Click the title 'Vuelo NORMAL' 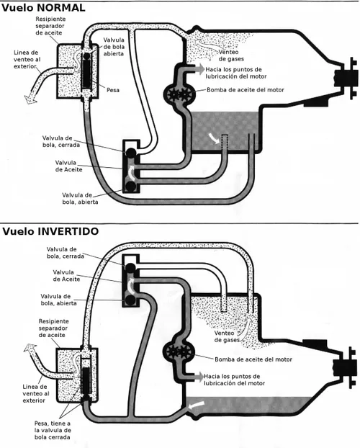[43, 8]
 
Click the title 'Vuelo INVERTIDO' [50, 231]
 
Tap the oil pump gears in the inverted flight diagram [179, 351]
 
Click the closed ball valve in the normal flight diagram [130, 153]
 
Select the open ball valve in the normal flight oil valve [130, 187]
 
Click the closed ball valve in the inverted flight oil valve [130, 268]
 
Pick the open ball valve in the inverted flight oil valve [130, 300]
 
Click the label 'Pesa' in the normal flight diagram [113, 90]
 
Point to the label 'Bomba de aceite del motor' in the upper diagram [246, 90]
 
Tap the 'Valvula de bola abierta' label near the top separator [114, 47]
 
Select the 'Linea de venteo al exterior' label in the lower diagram [36, 393]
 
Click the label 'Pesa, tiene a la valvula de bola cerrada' [53, 430]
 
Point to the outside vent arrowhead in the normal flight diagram [30, 99]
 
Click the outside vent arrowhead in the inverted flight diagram [30, 349]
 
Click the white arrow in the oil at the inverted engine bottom [197, 404]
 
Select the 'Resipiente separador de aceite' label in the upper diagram [50, 26]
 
